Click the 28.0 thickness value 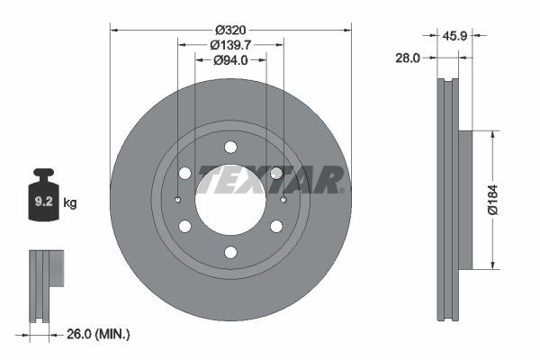[x=409, y=58]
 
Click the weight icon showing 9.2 [x=43, y=198]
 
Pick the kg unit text [x=70, y=203]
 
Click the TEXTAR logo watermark [x=270, y=179]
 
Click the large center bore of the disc [x=230, y=199]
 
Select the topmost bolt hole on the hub [x=230, y=147]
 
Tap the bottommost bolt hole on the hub [x=230, y=252]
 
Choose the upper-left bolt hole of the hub [x=184, y=173]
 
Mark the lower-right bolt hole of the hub [x=276, y=226]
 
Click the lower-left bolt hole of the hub [x=184, y=226]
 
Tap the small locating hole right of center [x=283, y=200]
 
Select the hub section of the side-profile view [x=465, y=200]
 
